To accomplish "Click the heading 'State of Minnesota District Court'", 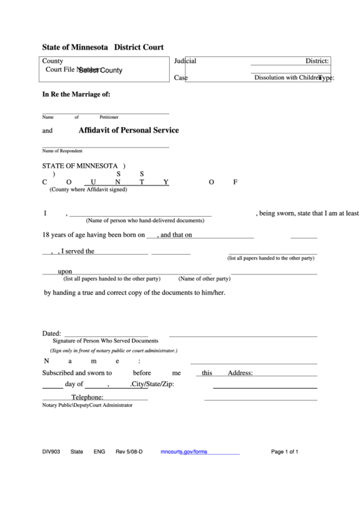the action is point(103,48).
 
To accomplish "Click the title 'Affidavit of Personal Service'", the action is point(128,130).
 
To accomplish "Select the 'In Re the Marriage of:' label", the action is point(76,94).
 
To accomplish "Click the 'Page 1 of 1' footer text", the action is point(285,451).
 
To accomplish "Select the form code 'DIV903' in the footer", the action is point(51,451).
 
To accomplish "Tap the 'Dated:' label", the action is point(52,334).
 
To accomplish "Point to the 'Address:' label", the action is point(240,373).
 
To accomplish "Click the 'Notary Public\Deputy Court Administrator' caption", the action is point(87,405).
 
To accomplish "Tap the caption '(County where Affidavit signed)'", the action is point(88,190).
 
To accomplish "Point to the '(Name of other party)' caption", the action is point(204,279).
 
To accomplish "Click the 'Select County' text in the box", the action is point(101,70).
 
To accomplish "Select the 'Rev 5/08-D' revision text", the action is point(129,451).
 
